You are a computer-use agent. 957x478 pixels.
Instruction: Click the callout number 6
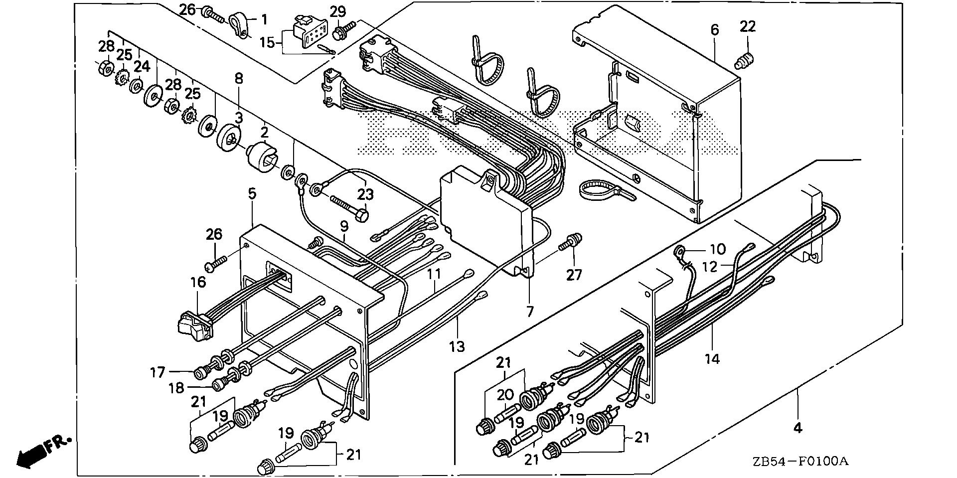click(715, 30)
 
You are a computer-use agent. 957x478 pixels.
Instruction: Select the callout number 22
click(748, 26)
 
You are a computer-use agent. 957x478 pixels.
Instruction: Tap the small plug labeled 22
click(744, 61)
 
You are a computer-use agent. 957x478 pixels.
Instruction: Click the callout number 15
click(267, 42)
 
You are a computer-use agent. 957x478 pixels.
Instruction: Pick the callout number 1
click(264, 20)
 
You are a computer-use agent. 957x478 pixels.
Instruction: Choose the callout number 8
click(239, 78)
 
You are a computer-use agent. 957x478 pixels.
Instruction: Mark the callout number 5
click(252, 193)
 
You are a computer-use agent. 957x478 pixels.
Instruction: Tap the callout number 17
click(158, 372)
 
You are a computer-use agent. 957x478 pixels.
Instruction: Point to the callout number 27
click(574, 274)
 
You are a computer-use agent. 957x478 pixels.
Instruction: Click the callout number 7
click(529, 312)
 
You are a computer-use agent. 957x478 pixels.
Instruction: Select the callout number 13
click(457, 345)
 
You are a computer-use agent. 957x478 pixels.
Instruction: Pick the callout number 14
click(712, 358)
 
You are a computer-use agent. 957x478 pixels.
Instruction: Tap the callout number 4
click(797, 428)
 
